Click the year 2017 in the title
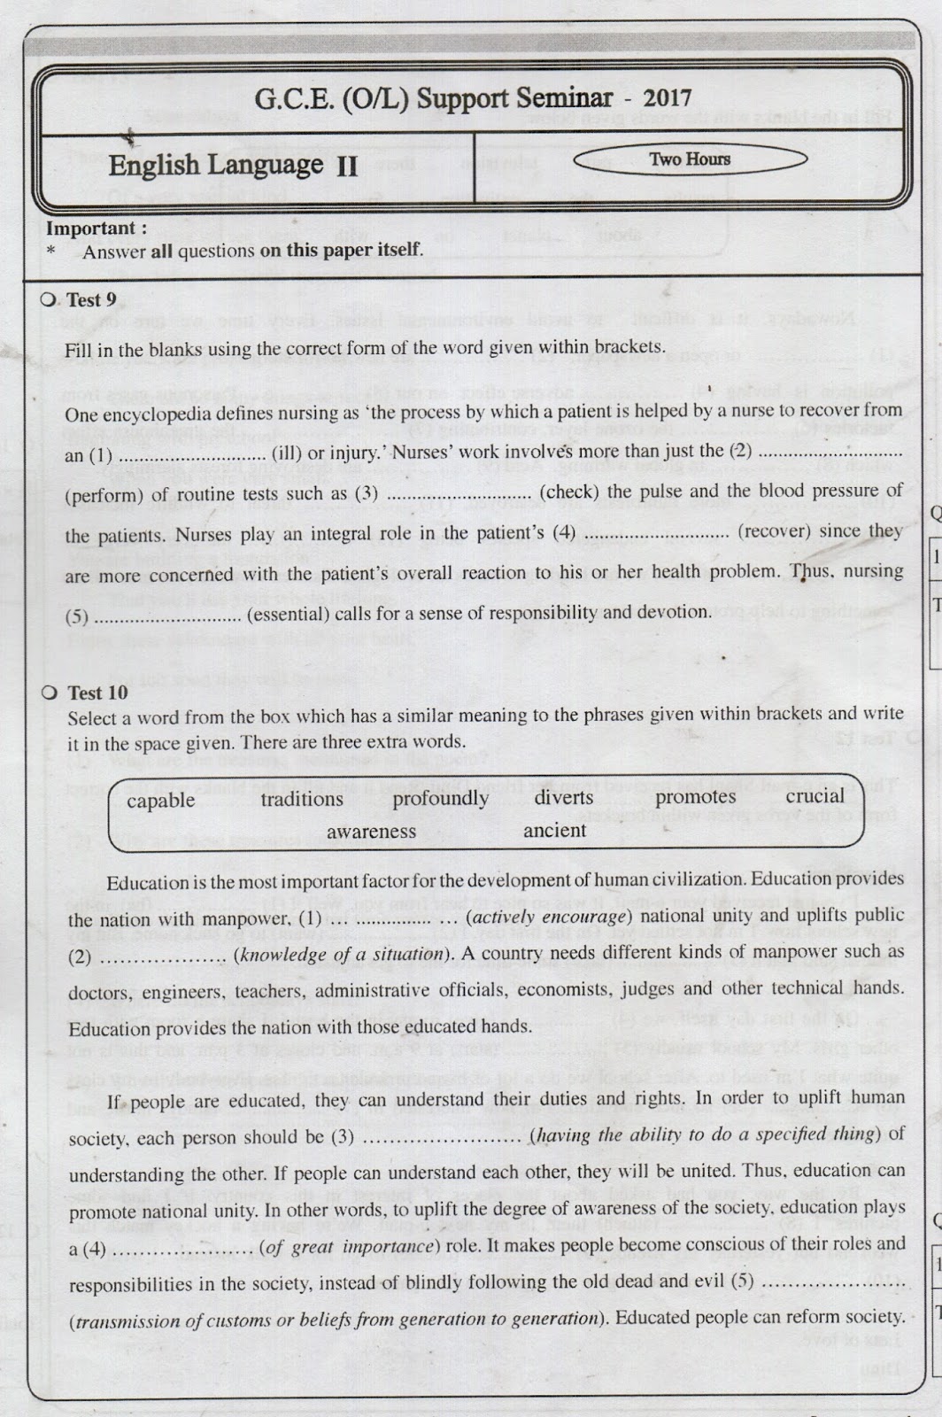(668, 98)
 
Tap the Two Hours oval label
(690, 159)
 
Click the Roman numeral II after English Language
(346, 167)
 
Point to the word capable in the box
(160, 801)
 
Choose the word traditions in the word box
(301, 799)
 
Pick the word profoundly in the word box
(440, 798)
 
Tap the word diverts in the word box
(563, 797)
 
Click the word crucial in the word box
(815, 795)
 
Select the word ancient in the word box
(554, 831)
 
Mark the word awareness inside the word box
(371, 832)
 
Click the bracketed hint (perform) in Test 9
(104, 495)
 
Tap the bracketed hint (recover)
(776, 531)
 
